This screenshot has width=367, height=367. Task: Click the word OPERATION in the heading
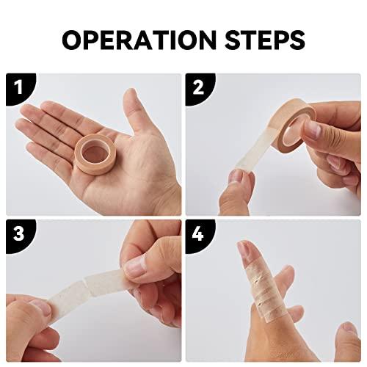139,40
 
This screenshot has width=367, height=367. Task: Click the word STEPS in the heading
265,40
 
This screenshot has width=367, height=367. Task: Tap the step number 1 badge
20,89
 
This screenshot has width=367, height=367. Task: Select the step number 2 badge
200,89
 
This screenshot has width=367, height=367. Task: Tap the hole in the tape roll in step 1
93,154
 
